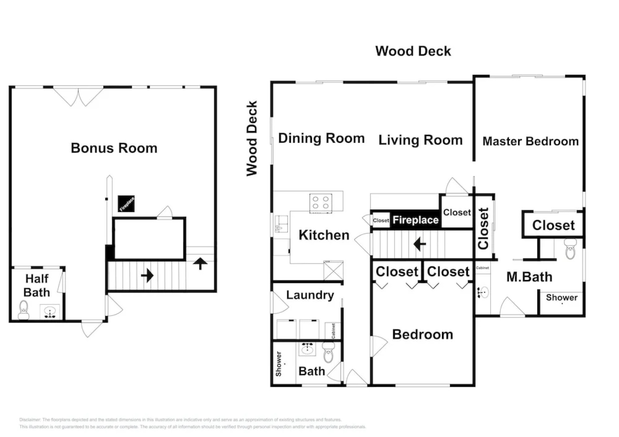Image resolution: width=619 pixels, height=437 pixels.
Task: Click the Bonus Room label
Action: (x=114, y=148)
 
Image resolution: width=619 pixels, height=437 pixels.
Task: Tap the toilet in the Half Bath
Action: (x=24, y=310)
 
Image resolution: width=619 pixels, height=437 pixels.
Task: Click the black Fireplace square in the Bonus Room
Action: (x=126, y=204)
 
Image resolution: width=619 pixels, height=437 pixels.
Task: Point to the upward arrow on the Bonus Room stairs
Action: (x=200, y=263)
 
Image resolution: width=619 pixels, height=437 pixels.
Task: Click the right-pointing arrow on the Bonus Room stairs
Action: (x=147, y=276)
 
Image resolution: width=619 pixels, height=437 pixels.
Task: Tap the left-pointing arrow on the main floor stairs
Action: (x=419, y=244)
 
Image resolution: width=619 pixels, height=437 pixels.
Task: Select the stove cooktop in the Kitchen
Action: (x=321, y=202)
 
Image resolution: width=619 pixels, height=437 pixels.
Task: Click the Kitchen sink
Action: (x=281, y=223)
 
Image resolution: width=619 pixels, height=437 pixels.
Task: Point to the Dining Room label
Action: (x=321, y=138)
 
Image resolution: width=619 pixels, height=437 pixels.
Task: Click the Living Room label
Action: (x=420, y=140)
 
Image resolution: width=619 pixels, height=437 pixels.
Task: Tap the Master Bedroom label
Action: (x=530, y=142)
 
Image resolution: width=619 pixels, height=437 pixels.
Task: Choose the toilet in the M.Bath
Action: (x=570, y=248)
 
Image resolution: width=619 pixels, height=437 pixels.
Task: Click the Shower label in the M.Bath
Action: (x=561, y=297)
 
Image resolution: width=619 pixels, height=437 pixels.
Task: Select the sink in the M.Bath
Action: (x=482, y=292)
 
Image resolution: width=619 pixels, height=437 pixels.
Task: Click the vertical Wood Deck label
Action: (x=252, y=138)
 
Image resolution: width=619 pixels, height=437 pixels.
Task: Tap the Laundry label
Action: (x=310, y=295)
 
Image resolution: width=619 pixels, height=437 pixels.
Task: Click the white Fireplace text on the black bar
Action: (x=416, y=220)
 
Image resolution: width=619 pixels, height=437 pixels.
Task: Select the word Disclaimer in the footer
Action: (x=30, y=420)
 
